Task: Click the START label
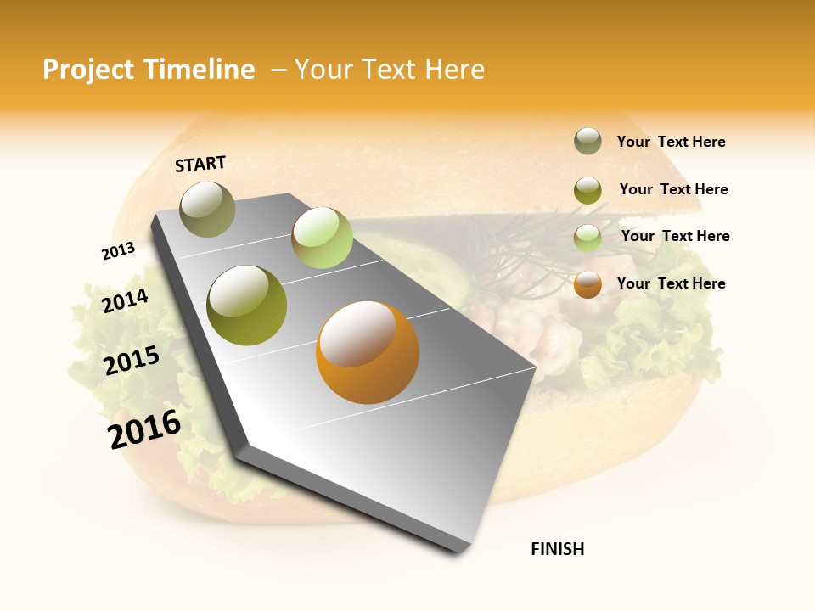(x=200, y=164)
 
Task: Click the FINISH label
(x=557, y=549)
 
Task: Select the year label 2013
(x=118, y=251)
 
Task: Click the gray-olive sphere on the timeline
(x=207, y=209)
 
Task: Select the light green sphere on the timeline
(x=322, y=238)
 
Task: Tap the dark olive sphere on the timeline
(x=247, y=305)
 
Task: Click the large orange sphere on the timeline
(x=367, y=352)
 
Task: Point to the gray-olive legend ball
(x=587, y=142)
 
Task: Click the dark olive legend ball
(x=587, y=190)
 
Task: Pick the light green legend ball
(x=587, y=238)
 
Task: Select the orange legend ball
(x=587, y=284)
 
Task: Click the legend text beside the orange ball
(x=671, y=283)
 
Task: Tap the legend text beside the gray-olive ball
(x=671, y=142)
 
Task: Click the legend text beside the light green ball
(x=675, y=236)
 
